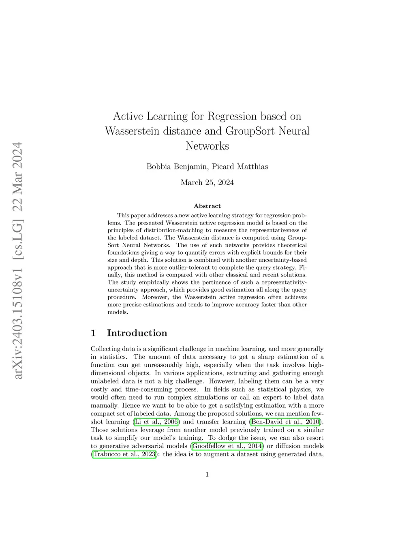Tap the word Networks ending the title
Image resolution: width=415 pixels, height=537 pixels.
pyautogui.click(x=207, y=146)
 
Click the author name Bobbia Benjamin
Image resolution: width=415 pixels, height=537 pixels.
pyautogui.click(x=177, y=167)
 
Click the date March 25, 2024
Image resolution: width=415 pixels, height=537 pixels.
pyautogui.click(x=207, y=182)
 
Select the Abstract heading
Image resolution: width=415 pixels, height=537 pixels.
pyautogui.click(x=207, y=206)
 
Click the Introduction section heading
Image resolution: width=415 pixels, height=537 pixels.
pyautogui.click(x=137, y=333)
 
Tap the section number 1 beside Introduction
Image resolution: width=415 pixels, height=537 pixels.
pyautogui.click(x=94, y=333)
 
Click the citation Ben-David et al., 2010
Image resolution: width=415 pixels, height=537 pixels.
pyautogui.click(x=286, y=421)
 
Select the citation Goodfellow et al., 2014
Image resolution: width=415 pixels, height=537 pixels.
pyautogui.click(x=227, y=446)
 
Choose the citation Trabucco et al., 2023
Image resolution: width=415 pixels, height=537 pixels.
pyautogui.click(x=124, y=454)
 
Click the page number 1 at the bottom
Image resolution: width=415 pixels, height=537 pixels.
pyautogui.click(x=207, y=475)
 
